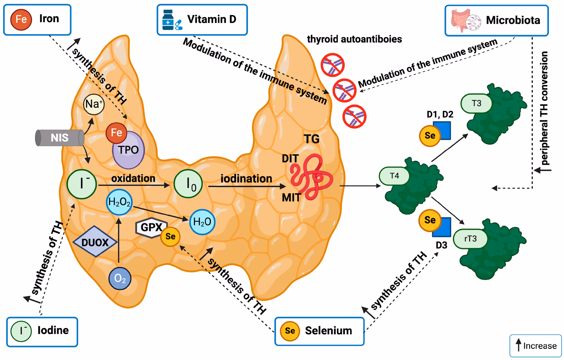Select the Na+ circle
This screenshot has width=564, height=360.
(94, 104)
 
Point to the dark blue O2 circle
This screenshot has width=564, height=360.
(120, 278)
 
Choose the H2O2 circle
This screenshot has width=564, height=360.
(119, 202)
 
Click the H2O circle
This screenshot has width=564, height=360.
(202, 222)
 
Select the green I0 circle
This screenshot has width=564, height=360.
(188, 184)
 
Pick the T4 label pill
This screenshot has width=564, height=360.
(394, 176)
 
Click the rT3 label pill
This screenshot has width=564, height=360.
(470, 239)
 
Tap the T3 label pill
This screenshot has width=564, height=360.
(476, 103)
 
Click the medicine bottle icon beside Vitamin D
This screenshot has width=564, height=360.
(168, 20)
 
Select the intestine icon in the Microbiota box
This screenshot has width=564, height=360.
(460, 20)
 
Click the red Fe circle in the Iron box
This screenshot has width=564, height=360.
(21, 19)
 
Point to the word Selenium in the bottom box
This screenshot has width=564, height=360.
(328, 331)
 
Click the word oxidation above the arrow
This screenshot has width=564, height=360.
(133, 178)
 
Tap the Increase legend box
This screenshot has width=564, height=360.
(536, 346)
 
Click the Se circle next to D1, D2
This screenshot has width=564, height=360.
(429, 136)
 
